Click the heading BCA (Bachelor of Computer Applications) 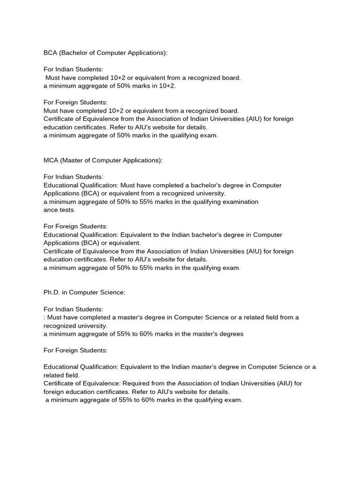coord(105,53)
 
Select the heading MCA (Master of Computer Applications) coord(103,160)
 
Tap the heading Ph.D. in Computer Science coord(84,292)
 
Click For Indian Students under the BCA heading coord(73,69)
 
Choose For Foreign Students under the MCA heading coord(75,226)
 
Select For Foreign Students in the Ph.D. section coord(75,350)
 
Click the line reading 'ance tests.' coord(60,210)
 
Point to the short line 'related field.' coord(61,375)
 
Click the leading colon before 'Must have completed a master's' coord(45,317)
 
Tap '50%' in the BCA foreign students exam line coord(111,135)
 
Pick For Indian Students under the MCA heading coord(73,177)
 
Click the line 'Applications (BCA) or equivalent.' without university coord(92,243)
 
